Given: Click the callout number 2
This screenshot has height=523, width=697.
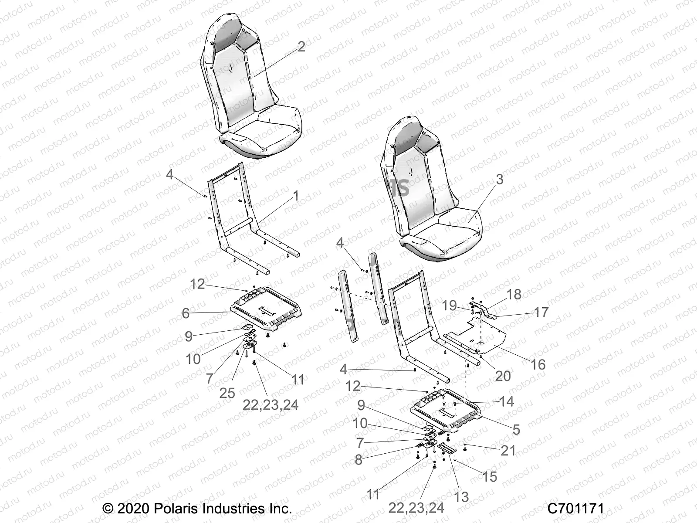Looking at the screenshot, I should [x=301, y=48].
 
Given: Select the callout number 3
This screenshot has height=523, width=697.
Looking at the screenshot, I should [x=499, y=180].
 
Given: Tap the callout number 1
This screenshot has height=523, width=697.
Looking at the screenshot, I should [x=296, y=197].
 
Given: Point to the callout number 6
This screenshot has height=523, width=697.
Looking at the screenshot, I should [x=186, y=313].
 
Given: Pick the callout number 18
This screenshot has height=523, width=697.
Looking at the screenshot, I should [x=514, y=294].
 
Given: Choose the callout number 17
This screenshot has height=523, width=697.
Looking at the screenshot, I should [x=541, y=312].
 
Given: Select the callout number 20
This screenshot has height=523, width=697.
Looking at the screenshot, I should [x=503, y=375].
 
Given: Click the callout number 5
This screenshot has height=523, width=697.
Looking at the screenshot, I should [x=516, y=430].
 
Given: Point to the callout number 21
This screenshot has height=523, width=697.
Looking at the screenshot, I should [x=508, y=450].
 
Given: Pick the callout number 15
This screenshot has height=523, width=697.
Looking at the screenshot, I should [x=490, y=476].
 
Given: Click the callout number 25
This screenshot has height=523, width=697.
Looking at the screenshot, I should [x=227, y=393].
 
